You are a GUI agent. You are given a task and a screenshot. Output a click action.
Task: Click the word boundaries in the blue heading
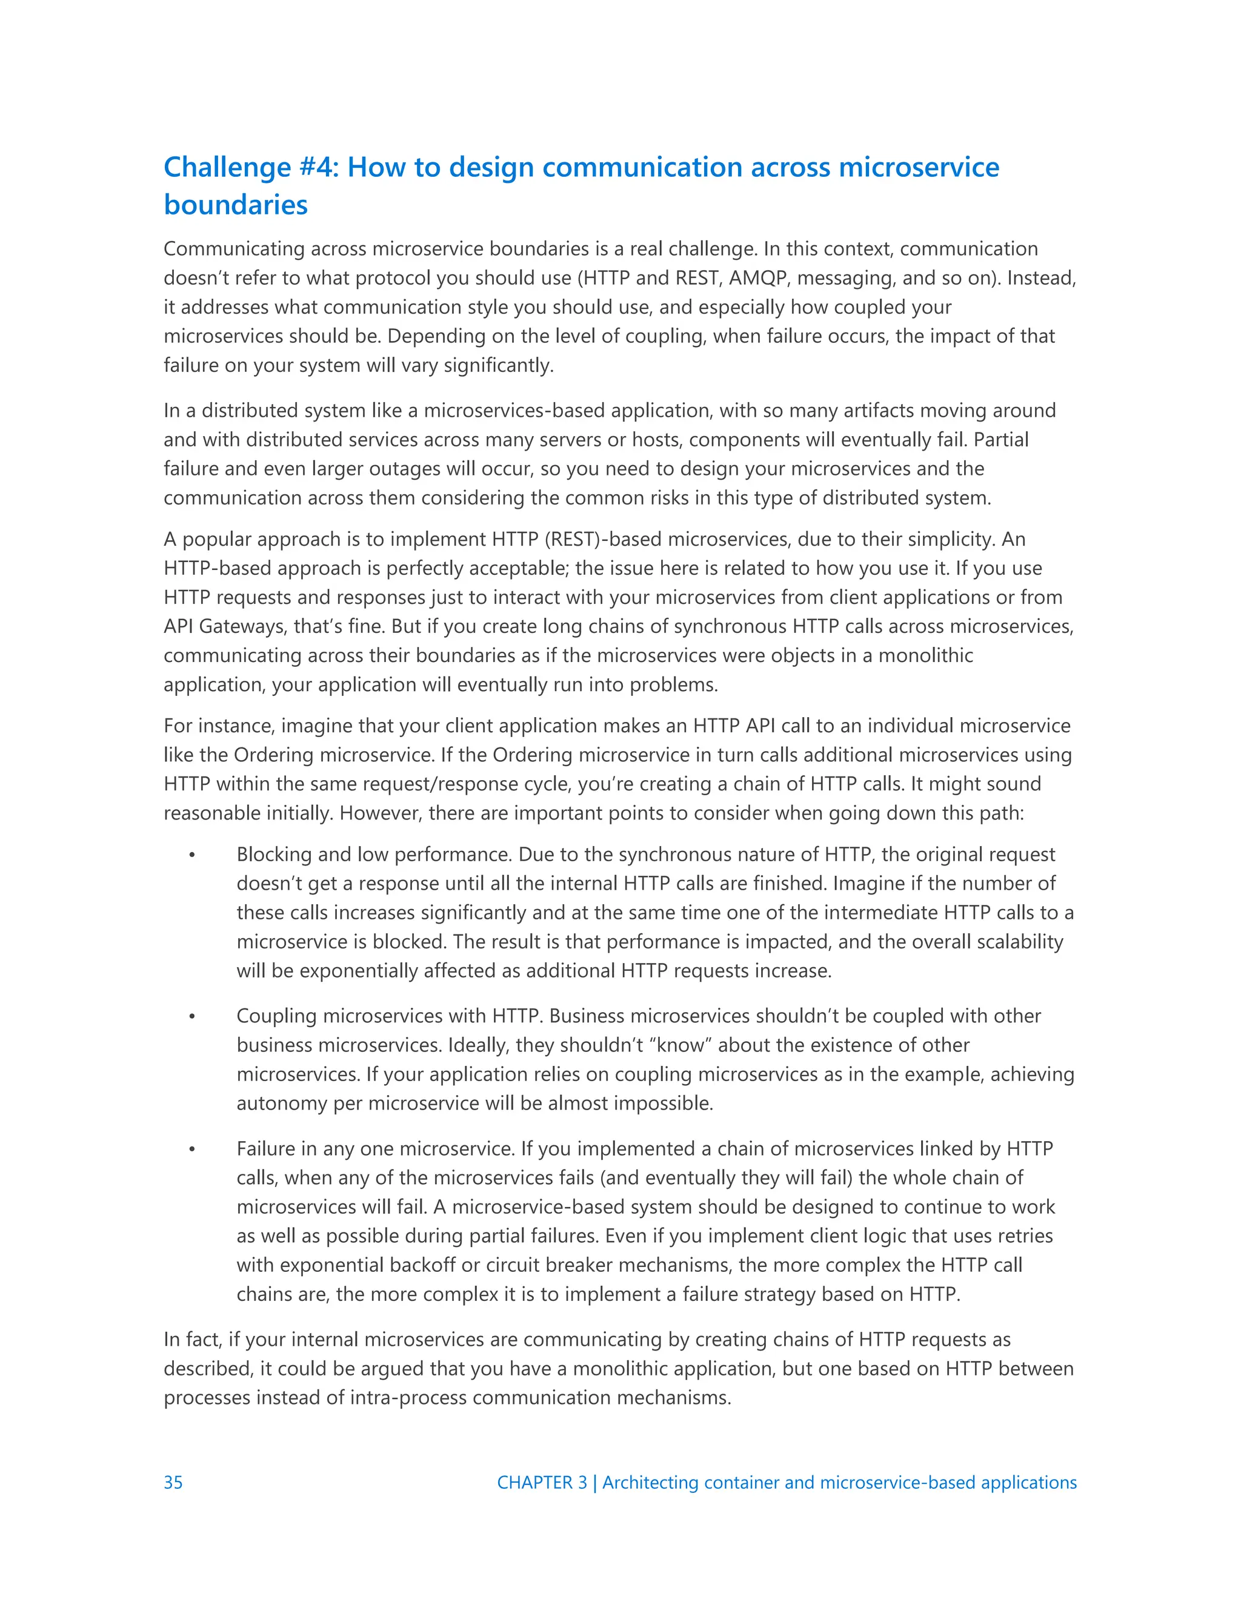(x=235, y=205)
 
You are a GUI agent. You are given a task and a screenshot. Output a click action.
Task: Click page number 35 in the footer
(x=173, y=1482)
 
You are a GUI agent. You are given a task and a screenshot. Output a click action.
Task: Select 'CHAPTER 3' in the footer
(x=542, y=1482)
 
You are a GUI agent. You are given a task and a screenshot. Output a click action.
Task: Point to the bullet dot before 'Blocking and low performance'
(x=192, y=855)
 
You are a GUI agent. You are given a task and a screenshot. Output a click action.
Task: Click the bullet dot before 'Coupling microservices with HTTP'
(x=192, y=1016)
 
